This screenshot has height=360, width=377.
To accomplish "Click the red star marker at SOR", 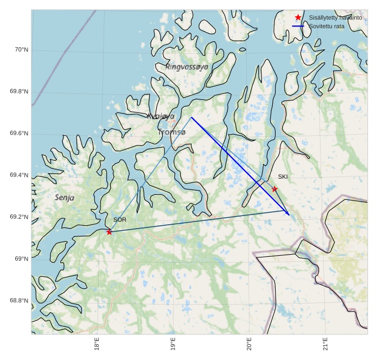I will [109, 232].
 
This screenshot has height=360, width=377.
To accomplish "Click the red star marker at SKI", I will [274, 189].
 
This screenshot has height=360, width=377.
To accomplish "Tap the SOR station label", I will [120, 220].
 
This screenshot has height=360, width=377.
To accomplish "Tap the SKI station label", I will [283, 177].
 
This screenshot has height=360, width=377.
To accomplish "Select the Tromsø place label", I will [172, 132].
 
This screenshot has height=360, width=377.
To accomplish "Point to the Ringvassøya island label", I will [187, 67].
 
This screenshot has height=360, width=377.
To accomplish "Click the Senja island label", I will [65, 198].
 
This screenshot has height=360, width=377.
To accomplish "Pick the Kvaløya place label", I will [161, 116].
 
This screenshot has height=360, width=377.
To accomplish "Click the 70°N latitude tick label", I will [21, 50].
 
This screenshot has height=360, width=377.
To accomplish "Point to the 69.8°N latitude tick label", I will [18, 92].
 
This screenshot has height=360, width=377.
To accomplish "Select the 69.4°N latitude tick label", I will [18, 175].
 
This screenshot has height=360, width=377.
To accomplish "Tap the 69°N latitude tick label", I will [21, 259].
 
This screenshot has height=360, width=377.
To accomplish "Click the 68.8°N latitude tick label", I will [18, 301].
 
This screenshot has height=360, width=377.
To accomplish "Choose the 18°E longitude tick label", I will [97, 344].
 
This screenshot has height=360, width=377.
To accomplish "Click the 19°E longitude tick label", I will [173, 344].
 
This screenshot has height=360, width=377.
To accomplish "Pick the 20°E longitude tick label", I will [249, 344].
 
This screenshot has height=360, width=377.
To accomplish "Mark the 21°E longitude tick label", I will [325, 344].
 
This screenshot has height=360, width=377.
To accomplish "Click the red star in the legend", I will [298, 18].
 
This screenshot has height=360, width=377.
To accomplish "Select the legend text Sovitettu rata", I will [327, 26].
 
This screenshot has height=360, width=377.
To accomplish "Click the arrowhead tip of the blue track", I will [290, 216].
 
